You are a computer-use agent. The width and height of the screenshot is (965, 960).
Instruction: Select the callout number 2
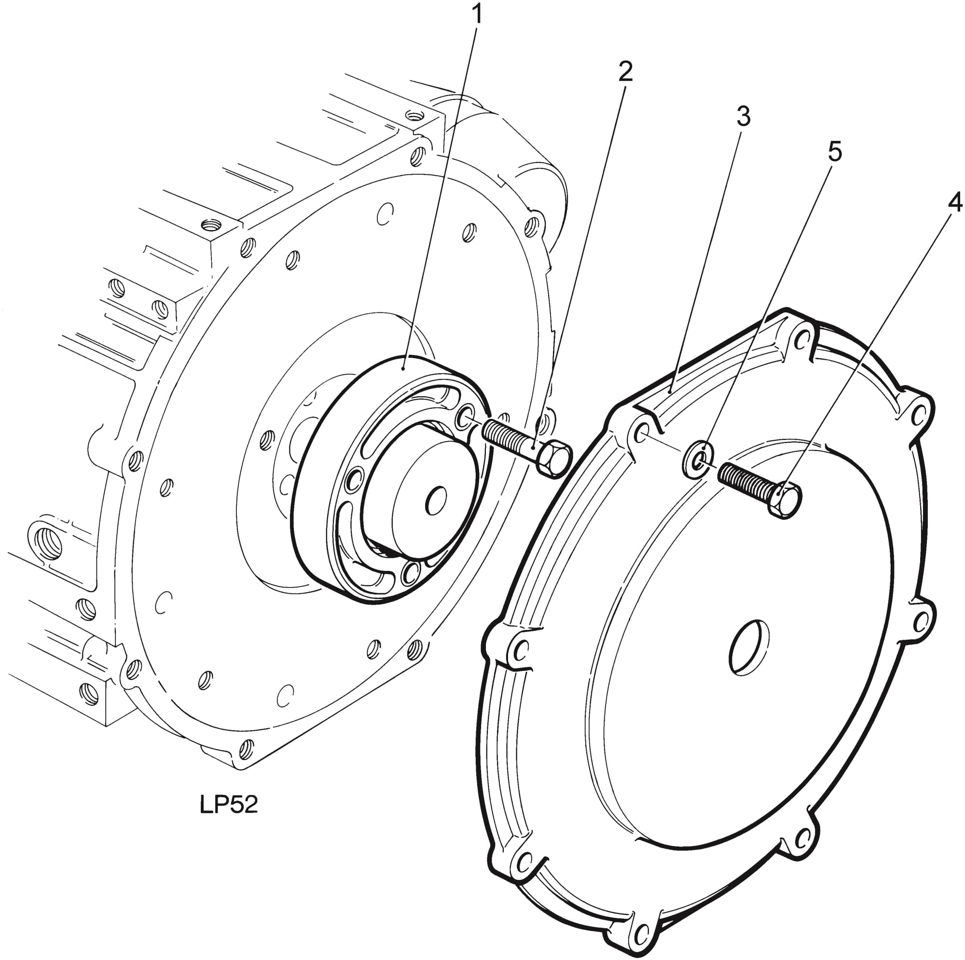pyautogui.click(x=625, y=71)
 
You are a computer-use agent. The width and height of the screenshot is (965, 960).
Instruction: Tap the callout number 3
pyautogui.click(x=744, y=116)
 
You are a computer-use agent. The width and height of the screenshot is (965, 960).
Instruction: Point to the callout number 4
pyautogui.click(x=954, y=202)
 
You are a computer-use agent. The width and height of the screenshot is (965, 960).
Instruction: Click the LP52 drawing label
pyautogui.click(x=229, y=805)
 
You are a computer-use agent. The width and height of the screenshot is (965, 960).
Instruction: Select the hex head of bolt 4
pyautogui.click(x=785, y=500)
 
